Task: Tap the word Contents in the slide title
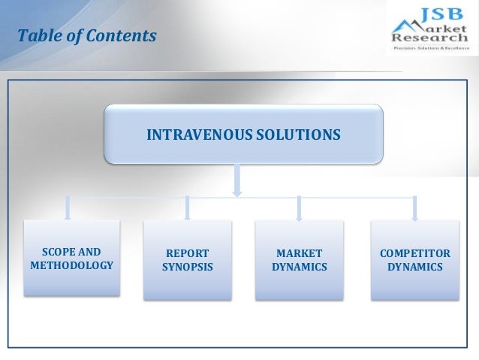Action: [x=119, y=35]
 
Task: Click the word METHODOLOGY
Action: [x=71, y=266]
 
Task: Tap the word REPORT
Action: [x=187, y=253]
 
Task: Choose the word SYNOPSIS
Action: [x=187, y=268]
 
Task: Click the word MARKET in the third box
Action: [x=300, y=253]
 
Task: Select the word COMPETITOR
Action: [x=415, y=253]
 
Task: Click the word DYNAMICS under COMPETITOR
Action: [x=415, y=268]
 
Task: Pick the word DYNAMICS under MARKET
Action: [x=300, y=268]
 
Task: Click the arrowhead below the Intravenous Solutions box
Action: [x=237, y=192]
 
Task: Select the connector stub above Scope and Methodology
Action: [x=70, y=208]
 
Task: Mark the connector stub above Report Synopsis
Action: [x=187, y=208]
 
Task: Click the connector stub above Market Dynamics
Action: [x=300, y=208]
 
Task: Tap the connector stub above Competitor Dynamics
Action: [x=414, y=208]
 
